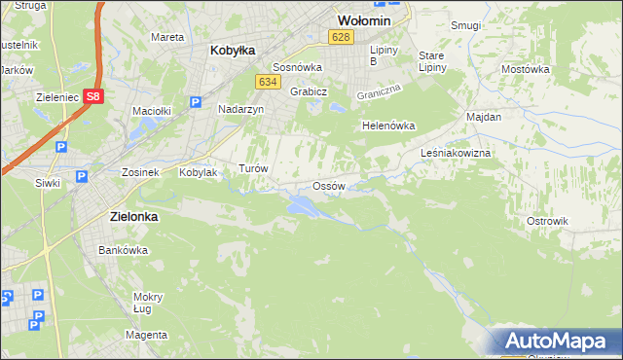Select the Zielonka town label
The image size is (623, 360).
[128, 218]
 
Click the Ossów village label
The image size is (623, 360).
[328, 186]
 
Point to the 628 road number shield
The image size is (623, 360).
[339, 37]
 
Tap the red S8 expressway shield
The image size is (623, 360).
[92, 96]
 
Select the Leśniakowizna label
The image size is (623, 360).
[455, 154]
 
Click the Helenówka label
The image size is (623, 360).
[388, 126]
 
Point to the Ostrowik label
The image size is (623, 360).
[546, 221]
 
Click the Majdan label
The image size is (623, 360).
[484, 117]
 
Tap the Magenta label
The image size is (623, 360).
[146, 335]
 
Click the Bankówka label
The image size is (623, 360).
[123, 250]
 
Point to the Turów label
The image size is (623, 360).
[253, 168]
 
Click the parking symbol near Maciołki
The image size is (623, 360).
[195, 102]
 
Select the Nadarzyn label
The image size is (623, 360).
[240, 110]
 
